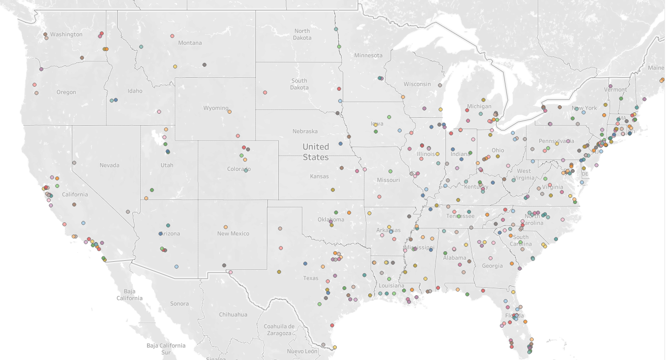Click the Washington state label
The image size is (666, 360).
[66, 34]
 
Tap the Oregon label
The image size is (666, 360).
[66, 92]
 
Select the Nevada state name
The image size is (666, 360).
[109, 165]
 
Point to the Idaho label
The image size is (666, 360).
[135, 91]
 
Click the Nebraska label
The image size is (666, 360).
[305, 131]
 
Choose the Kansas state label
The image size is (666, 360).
[319, 176]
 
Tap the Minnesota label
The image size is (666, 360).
[368, 55]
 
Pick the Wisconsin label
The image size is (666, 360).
[417, 84]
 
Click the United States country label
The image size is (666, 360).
[316, 152]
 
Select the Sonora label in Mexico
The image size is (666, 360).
[179, 304]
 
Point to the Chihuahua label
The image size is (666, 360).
[233, 315]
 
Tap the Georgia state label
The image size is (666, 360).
[492, 266]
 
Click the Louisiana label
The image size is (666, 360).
[391, 286]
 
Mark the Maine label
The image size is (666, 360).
[656, 67]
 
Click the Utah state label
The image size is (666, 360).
[167, 165]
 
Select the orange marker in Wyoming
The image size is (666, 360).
[229, 112]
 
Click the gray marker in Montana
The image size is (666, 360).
[205, 65]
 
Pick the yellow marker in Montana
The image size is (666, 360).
[175, 66]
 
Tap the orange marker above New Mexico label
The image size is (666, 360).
[225, 227]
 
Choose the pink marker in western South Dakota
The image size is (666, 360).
[265, 92]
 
